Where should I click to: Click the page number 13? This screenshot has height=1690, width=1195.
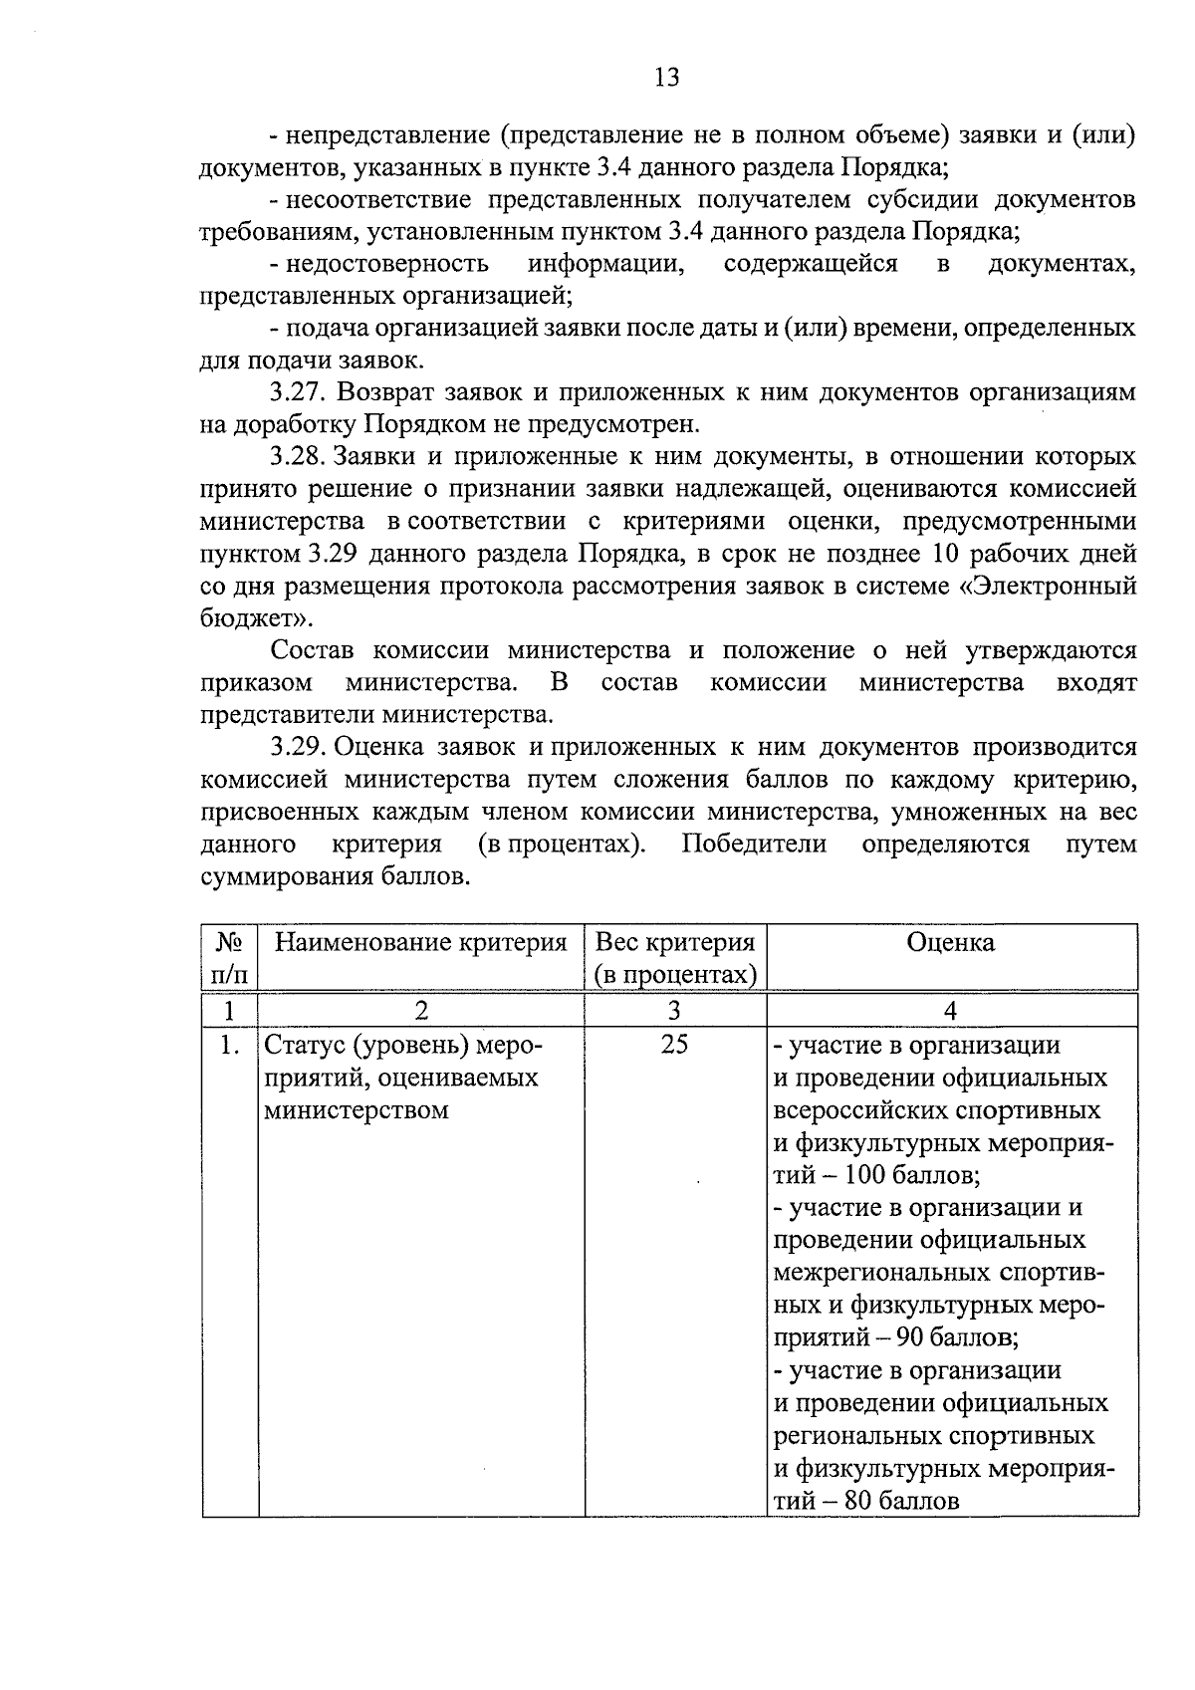click(x=667, y=77)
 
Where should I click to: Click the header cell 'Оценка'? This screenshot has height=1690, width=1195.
click(x=950, y=943)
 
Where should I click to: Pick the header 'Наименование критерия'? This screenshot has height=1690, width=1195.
click(x=420, y=943)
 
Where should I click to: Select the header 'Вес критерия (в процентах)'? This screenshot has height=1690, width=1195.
click(x=674, y=958)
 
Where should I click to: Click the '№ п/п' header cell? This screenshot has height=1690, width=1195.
click(x=229, y=958)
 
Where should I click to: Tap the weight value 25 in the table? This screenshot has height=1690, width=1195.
click(x=674, y=1045)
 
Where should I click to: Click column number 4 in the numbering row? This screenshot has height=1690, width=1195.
click(x=950, y=1011)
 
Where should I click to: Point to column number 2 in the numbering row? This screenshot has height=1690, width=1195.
click(x=420, y=1011)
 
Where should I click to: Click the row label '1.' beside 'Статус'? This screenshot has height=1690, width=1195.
click(x=229, y=1045)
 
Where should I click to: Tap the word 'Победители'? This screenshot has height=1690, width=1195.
click(x=754, y=845)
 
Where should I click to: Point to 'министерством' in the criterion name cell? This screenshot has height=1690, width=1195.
click(x=356, y=1110)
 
